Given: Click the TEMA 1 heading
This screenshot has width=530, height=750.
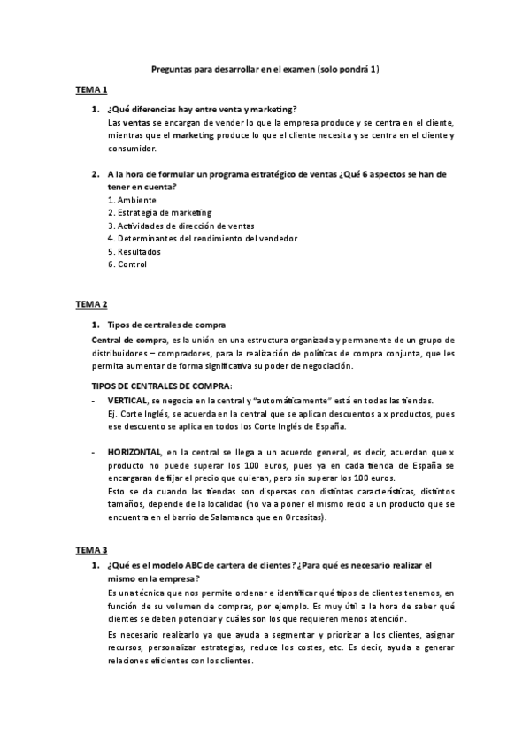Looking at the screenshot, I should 91,90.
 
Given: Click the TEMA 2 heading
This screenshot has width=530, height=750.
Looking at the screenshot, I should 91,304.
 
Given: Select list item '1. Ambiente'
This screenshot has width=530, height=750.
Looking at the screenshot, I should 132,200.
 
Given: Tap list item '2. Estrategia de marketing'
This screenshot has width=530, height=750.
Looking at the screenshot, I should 159,212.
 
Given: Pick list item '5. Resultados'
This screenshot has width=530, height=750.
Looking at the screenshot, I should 134,251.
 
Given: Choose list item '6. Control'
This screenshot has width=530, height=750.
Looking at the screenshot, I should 127,264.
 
